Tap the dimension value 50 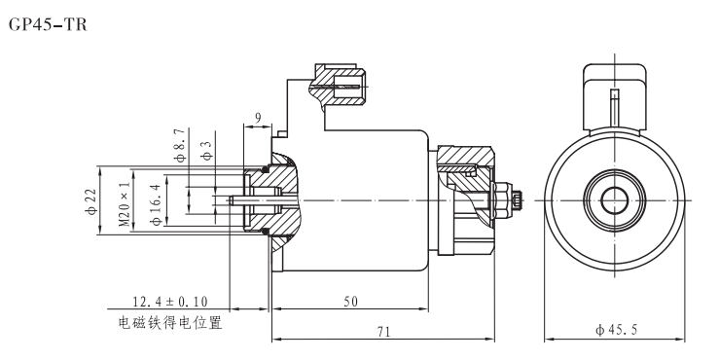pyautogui.click(x=347, y=303)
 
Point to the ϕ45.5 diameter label pyautogui.click(x=616, y=331)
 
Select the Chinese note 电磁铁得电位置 pyautogui.click(x=169, y=322)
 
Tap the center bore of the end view pyautogui.click(x=613, y=199)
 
